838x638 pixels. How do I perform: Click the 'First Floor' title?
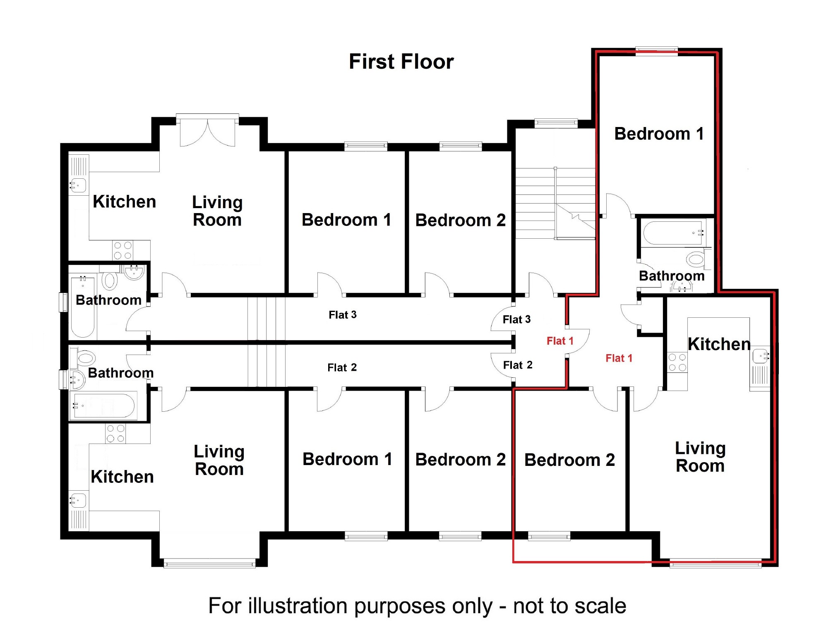(401, 62)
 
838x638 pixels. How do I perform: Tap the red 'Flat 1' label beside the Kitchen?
(619, 358)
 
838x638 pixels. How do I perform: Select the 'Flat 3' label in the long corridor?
(342, 315)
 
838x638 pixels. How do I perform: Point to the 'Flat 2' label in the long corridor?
(342, 367)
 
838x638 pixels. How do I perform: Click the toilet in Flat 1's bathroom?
(696, 259)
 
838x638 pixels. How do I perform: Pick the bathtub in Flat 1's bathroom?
(674, 233)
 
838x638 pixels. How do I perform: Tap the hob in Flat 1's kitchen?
(677, 362)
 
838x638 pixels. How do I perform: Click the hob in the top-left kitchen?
(122, 250)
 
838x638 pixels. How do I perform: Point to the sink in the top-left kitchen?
(78, 185)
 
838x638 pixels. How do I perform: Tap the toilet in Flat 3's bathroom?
(109, 280)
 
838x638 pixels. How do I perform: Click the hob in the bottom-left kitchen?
(115, 433)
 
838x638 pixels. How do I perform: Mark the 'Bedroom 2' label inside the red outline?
(569, 460)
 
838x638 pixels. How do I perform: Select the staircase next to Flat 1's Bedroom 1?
(555, 203)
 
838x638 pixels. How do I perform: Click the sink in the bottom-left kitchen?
(78, 500)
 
